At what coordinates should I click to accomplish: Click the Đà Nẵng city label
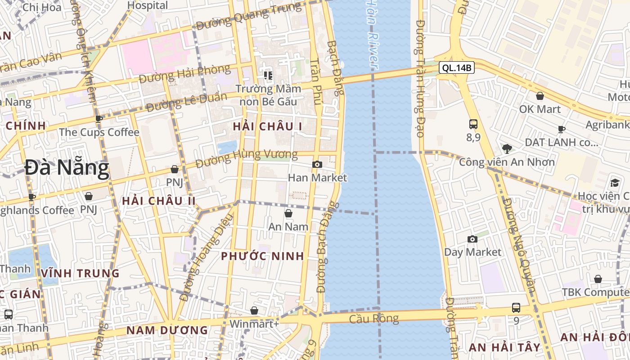(67, 168)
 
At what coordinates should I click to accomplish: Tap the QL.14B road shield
(457, 68)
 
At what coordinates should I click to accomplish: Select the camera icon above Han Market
(317, 165)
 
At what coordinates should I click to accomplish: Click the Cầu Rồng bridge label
(374, 319)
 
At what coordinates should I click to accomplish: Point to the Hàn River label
(371, 34)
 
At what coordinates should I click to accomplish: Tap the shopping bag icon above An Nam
(288, 213)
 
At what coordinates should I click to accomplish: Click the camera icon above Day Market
(472, 239)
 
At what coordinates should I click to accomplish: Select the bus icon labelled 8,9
(473, 124)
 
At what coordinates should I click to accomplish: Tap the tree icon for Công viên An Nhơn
(507, 148)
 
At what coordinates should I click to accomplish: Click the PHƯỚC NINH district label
(262, 256)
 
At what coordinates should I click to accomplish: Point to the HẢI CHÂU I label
(267, 127)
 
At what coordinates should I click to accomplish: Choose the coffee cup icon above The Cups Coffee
(99, 119)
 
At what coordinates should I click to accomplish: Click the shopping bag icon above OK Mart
(540, 96)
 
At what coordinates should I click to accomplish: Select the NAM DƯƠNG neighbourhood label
(167, 330)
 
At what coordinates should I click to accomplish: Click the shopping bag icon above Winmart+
(254, 310)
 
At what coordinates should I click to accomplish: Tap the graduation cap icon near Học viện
(615, 183)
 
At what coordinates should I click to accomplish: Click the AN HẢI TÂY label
(504, 347)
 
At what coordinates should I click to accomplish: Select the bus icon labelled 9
(516, 308)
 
